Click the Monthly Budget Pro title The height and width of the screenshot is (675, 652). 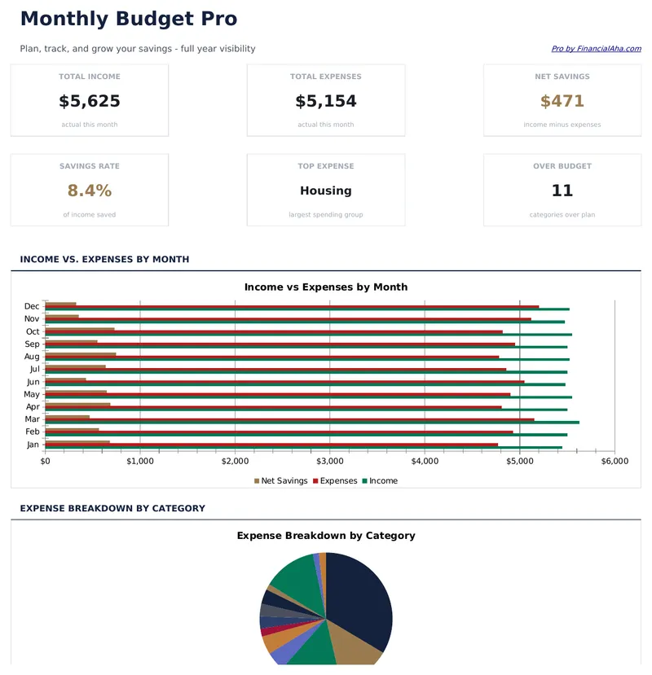(x=129, y=19)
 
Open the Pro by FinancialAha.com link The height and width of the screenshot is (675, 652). (x=596, y=49)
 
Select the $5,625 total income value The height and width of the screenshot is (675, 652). (x=90, y=102)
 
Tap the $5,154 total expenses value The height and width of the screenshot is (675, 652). (x=326, y=102)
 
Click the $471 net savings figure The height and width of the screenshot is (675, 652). (x=562, y=102)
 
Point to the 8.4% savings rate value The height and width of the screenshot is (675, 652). (x=90, y=191)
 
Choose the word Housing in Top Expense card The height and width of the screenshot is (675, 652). (x=326, y=191)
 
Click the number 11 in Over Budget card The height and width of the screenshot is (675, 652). (x=562, y=191)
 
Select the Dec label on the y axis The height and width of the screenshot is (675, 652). (x=33, y=306)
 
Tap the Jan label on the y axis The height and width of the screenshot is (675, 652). (x=33, y=445)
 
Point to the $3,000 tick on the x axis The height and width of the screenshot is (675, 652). (x=329, y=461)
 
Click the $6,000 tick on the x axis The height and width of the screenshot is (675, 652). (x=614, y=461)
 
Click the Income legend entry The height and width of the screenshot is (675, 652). (x=383, y=481)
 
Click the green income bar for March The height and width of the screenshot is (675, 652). (x=326, y=423)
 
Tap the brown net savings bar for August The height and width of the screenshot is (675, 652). (x=81, y=354)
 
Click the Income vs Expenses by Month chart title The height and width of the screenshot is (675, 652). (x=326, y=287)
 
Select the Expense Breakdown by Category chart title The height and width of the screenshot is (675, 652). (x=326, y=536)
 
